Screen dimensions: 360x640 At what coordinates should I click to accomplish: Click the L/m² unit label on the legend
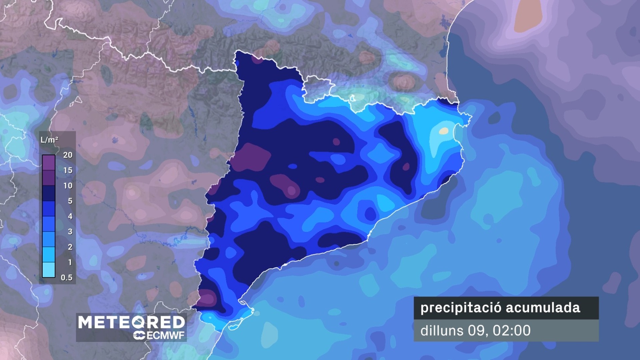click(49, 140)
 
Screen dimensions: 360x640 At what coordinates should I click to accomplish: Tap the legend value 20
click(68, 155)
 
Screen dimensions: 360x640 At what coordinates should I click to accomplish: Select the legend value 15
click(68, 170)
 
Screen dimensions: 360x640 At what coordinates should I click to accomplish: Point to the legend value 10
click(68, 186)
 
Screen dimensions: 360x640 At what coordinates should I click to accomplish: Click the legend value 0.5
click(66, 278)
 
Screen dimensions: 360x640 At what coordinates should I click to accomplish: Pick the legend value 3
click(70, 232)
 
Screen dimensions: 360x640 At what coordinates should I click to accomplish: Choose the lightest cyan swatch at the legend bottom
click(49, 270)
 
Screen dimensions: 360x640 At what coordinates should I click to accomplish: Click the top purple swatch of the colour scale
click(49, 163)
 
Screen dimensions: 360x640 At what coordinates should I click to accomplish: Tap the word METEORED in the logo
click(131, 322)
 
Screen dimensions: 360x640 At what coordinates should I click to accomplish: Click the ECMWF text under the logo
click(166, 335)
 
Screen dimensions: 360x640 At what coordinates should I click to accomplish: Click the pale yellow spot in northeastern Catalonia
click(443, 131)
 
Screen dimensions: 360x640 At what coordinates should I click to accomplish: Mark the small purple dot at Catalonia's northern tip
click(257, 60)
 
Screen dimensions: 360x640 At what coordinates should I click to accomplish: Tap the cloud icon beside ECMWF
click(139, 335)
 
